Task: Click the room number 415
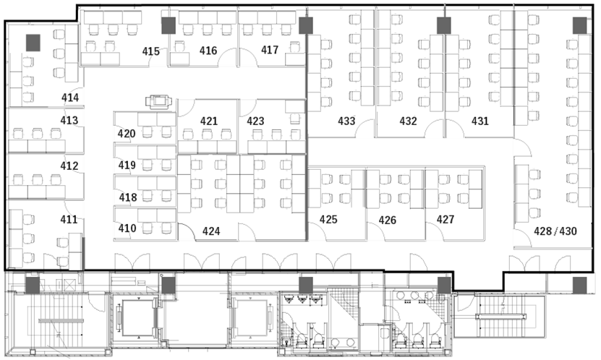(151, 51)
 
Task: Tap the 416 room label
(208, 51)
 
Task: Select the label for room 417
(270, 50)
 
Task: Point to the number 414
(70, 98)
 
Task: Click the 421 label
(209, 121)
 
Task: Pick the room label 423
(255, 121)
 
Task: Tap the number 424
(211, 231)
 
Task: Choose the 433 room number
(346, 121)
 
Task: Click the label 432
(408, 121)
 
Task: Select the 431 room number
(480, 121)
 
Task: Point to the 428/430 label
(555, 231)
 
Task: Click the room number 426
(388, 220)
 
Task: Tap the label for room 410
(127, 228)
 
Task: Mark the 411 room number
(69, 220)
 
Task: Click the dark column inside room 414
(33, 43)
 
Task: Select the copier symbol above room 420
(158, 101)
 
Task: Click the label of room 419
(127, 166)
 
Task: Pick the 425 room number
(328, 220)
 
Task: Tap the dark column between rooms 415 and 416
(169, 25)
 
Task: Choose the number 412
(69, 166)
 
